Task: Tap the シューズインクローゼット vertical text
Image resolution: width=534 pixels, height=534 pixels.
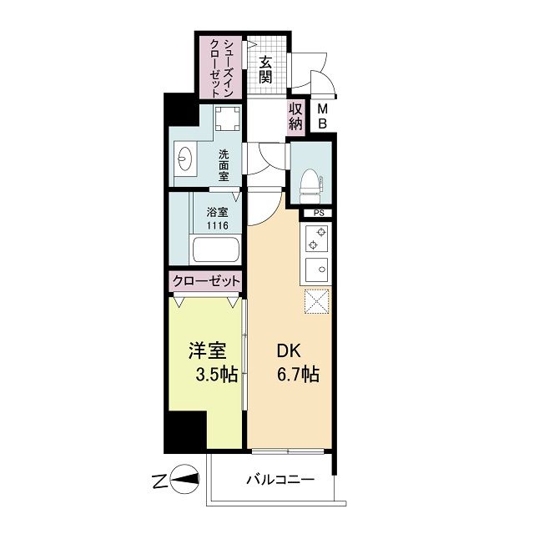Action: pyautogui.click(x=221, y=68)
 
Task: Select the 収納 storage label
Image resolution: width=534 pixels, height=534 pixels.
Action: pyautogui.click(x=295, y=118)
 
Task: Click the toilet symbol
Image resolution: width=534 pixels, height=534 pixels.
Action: pyautogui.click(x=311, y=181)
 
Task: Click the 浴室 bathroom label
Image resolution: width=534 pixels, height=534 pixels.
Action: pyautogui.click(x=218, y=210)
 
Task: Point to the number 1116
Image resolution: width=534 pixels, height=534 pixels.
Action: pyautogui.click(x=218, y=224)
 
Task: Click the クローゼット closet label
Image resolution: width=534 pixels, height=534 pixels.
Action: pyautogui.click(x=207, y=282)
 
